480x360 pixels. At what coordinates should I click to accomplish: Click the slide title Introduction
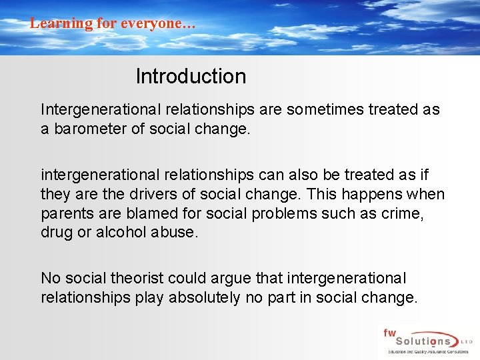pos(191,77)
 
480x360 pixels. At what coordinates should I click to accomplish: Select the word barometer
pos(89,129)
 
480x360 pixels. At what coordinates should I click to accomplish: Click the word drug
pos(55,233)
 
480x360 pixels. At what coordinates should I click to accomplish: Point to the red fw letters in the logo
pos(389,332)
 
